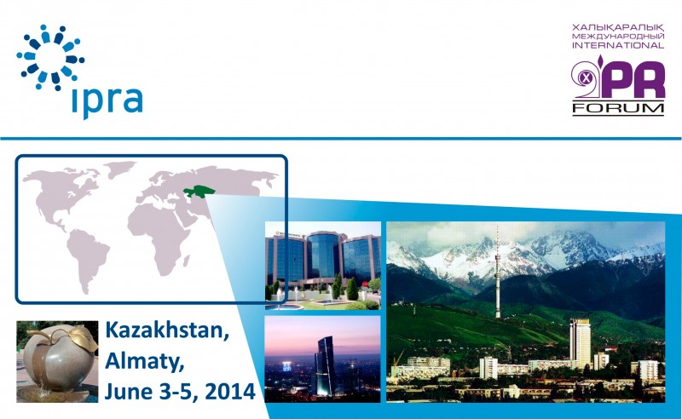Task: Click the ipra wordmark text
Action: point(107,100)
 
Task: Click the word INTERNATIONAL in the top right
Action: point(618,45)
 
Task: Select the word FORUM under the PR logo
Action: point(618,108)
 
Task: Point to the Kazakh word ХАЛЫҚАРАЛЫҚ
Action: point(618,28)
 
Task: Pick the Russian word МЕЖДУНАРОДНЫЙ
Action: point(618,37)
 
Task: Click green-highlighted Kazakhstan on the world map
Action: point(199,191)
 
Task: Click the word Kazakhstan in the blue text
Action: point(167,330)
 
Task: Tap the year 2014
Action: point(229,391)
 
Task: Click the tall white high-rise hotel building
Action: point(580,343)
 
